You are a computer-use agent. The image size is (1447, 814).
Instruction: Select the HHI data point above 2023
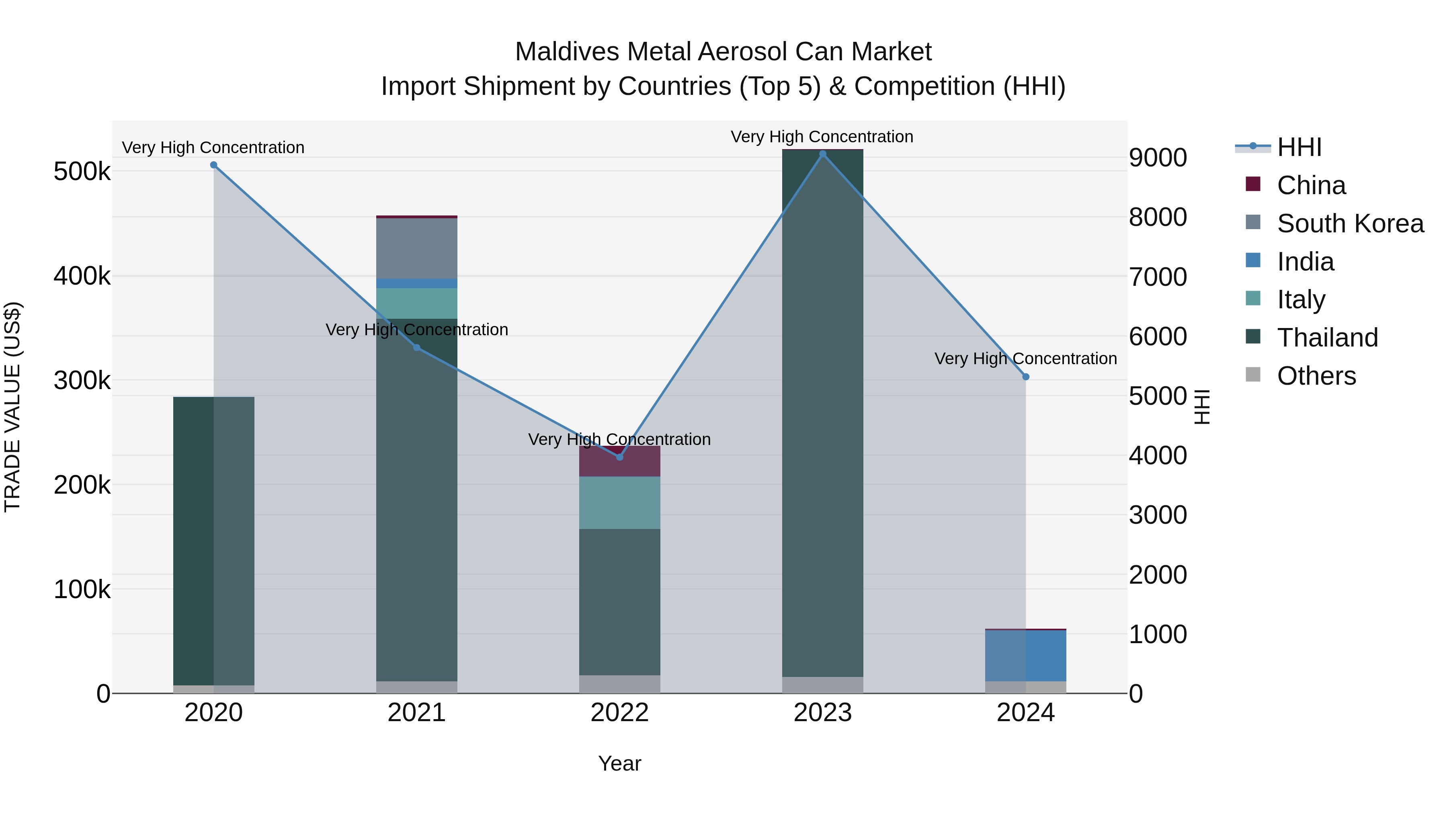coord(822,154)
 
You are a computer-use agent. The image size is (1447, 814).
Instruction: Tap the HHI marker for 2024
coord(1026,377)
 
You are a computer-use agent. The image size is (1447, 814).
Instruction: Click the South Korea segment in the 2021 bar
coord(416,248)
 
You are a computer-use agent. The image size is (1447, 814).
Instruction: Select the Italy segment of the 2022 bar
coord(619,503)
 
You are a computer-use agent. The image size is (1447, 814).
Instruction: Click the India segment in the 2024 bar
coord(1026,656)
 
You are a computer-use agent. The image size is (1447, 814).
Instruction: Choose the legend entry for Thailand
coord(1327,338)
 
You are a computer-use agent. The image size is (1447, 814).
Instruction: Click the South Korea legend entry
coord(1350,223)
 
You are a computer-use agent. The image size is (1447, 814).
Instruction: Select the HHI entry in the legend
coord(1299,147)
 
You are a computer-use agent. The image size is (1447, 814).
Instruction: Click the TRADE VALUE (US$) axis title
coord(12,407)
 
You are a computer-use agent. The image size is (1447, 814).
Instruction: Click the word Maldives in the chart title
coord(567,52)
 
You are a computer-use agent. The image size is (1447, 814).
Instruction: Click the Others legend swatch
coord(1252,375)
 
